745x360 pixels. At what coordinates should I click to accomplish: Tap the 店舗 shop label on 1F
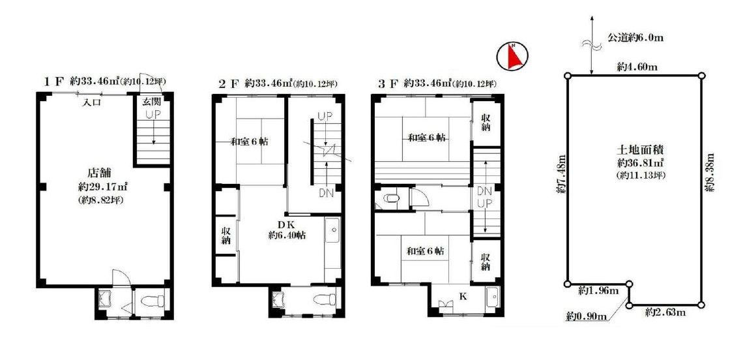(100, 172)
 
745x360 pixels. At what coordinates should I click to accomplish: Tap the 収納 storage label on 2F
(226, 235)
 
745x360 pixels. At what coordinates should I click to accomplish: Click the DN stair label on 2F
(325, 192)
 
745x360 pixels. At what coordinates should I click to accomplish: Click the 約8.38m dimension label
(710, 172)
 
